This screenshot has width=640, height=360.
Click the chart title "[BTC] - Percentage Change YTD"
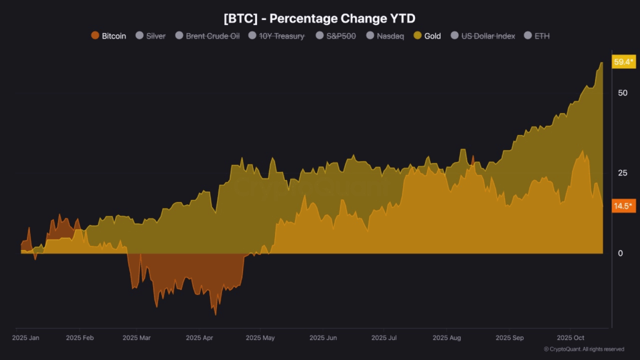(319, 18)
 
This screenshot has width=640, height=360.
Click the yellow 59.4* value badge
(624, 61)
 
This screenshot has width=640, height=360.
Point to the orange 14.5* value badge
(624, 206)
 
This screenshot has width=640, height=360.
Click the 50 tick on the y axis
(622, 92)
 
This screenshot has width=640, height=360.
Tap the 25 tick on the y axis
(622, 172)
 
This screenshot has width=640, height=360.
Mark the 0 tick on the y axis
(620, 253)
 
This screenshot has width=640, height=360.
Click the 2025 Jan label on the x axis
(26, 337)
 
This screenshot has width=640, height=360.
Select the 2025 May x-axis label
(260, 337)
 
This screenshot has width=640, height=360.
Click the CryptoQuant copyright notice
(584, 349)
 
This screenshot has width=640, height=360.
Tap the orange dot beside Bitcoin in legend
(95, 36)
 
